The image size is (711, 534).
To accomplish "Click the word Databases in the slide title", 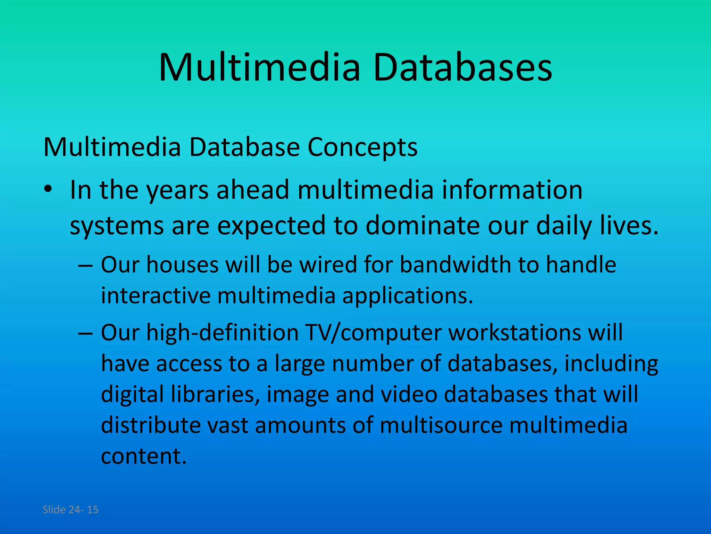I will (x=462, y=67).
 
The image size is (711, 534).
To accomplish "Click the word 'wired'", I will (x=328, y=265).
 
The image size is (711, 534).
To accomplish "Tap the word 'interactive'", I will (x=156, y=296).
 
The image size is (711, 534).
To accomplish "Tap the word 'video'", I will (x=409, y=395).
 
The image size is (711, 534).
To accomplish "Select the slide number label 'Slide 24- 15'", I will (x=70, y=510).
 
